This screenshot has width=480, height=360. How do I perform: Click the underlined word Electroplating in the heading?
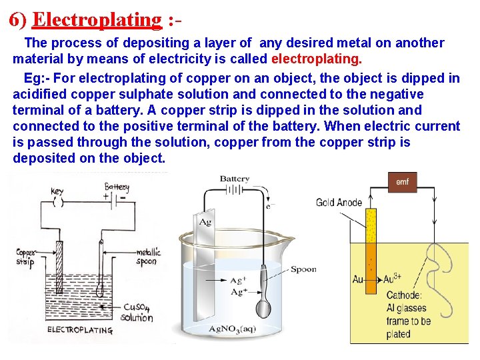(97, 19)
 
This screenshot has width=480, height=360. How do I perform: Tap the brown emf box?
(402, 183)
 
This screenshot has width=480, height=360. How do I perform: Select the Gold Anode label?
(339, 203)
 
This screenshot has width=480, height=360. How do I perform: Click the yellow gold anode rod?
(371, 247)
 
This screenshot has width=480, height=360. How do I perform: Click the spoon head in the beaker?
(264, 309)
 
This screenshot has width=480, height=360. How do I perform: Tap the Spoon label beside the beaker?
(303, 269)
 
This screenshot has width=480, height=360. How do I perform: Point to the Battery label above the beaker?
(235, 179)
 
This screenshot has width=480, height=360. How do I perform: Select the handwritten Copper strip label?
(28, 257)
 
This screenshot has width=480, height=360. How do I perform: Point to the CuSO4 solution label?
(137, 312)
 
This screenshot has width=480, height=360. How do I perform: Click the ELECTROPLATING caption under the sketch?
(79, 329)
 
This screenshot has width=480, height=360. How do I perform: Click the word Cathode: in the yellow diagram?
(404, 295)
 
